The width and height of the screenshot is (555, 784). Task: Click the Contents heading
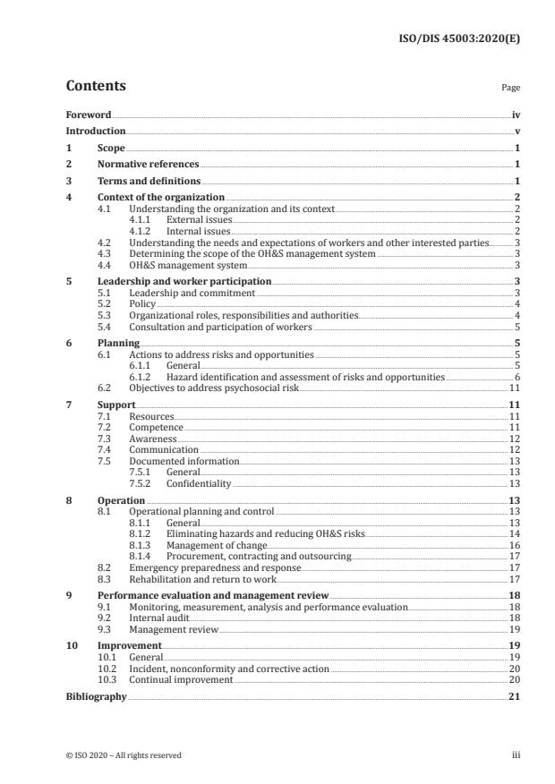pos(96,87)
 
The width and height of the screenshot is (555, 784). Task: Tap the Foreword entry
pos(89,115)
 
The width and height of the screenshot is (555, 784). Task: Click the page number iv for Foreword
pos(516,115)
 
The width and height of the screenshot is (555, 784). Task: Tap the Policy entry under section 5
pos(142,303)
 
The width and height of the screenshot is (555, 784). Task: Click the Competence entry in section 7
pos(156,428)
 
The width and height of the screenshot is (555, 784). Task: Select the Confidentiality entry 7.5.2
pos(198,483)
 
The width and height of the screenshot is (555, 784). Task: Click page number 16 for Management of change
pos(516,544)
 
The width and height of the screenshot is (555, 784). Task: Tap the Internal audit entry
pos(158,618)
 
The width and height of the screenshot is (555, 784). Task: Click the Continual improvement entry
pos(181,680)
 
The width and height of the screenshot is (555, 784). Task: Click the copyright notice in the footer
pos(124,755)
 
